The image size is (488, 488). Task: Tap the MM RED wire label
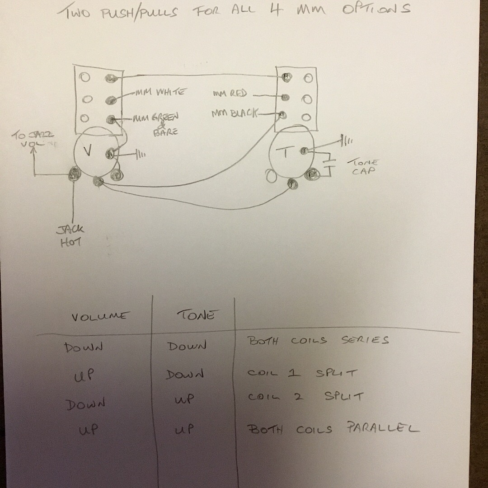pos(230,94)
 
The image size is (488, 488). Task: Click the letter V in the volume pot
pos(88,151)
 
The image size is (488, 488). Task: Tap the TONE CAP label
pos(363,167)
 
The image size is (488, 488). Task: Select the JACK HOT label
pos(70,236)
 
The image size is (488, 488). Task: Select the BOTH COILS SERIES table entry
pos(318,340)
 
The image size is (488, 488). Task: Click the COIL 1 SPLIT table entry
pos(302,373)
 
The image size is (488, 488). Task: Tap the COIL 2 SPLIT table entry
pos(305,397)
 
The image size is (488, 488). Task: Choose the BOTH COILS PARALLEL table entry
pos(333,428)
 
